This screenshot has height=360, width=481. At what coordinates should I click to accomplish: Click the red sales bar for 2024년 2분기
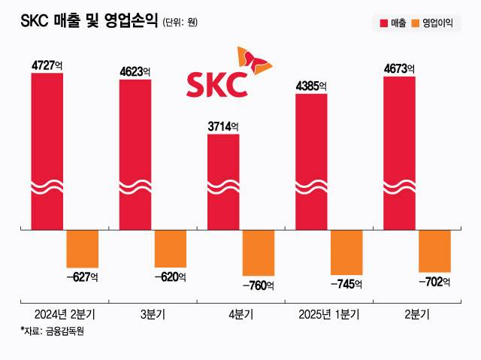point(47,150)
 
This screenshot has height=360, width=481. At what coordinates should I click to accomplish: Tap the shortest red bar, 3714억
point(222,180)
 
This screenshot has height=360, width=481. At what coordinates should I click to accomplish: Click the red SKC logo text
point(216,84)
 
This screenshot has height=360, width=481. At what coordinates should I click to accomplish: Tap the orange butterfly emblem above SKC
point(251,60)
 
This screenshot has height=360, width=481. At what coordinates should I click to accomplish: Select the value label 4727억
point(47,65)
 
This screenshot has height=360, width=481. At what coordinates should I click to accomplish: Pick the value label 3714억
point(222,126)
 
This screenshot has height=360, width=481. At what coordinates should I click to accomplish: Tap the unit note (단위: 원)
point(180,23)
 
